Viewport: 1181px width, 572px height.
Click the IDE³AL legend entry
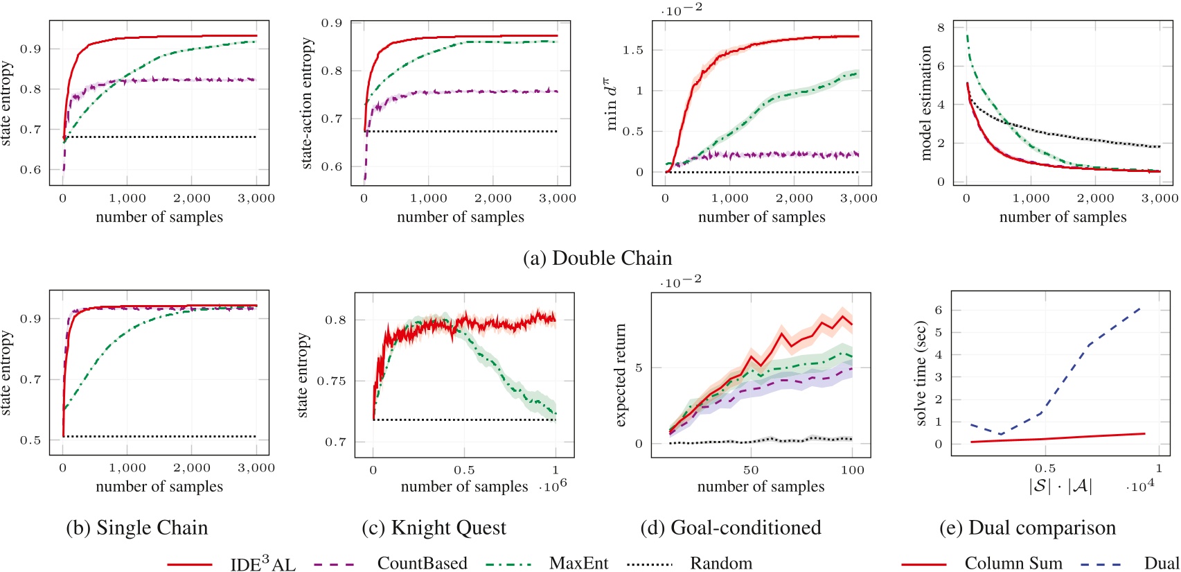click(263, 564)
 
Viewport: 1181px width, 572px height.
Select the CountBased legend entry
click(422, 563)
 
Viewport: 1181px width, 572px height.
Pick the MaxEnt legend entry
click(578, 563)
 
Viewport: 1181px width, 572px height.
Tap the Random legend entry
click(720, 563)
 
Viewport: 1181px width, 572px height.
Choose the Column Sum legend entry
click(1013, 563)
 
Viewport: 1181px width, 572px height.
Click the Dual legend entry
click(1161, 563)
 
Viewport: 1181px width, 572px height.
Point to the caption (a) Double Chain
click(597, 258)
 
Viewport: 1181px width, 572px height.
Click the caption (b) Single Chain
click(137, 528)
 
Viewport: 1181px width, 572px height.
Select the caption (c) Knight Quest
click(434, 528)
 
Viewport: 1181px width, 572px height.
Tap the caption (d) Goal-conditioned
click(731, 528)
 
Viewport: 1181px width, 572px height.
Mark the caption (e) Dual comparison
click(1027, 528)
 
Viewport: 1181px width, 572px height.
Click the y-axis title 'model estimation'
click(926, 103)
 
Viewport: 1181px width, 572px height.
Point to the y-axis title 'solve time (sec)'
click(921, 373)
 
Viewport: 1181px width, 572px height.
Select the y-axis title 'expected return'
click(621, 375)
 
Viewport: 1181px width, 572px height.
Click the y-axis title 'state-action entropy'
click(308, 103)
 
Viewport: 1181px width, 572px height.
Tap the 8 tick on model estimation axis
click(941, 28)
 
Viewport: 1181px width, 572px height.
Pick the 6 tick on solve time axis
click(939, 310)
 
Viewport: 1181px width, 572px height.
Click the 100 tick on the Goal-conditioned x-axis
click(852, 470)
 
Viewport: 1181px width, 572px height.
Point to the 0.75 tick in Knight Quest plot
click(331, 381)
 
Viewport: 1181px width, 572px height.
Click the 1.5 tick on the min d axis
click(633, 50)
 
